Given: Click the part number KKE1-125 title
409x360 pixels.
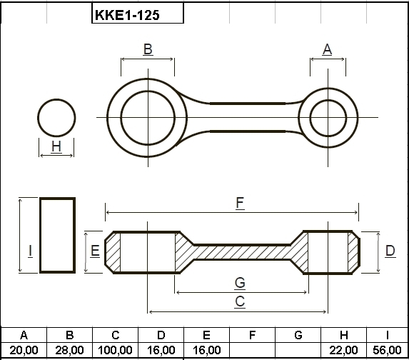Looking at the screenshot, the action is (x=127, y=15).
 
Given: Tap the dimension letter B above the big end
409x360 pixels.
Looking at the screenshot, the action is (x=148, y=49).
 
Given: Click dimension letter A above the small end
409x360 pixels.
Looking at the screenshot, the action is (x=327, y=49).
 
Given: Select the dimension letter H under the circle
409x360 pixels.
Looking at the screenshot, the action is (x=56, y=146).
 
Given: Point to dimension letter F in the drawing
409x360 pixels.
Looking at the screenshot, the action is (x=240, y=203).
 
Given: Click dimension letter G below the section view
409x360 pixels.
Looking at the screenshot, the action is (x=240, y=282).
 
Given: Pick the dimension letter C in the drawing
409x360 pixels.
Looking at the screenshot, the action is (x=240, y=301).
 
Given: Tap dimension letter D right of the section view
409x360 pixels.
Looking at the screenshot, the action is (x=390, y=251).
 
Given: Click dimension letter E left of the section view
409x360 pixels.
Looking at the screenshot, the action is (x=95, y=251).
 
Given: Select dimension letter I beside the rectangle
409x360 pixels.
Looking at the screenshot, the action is (x=31, y=251).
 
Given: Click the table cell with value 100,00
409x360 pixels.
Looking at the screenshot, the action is (x=115, y=350).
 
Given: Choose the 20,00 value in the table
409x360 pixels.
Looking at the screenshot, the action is (x=24, y=350).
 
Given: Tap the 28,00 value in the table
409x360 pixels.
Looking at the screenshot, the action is (x=69, y=350).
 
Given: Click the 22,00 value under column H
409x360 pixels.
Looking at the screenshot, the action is (x=344, y=350).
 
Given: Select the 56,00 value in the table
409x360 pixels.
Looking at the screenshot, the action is (x=387, y=350).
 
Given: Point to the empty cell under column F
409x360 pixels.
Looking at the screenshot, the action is (x=252, y=350).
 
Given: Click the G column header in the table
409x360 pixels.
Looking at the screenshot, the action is (x=298, y=335).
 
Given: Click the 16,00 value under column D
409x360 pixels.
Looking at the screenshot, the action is (x=161, y=350).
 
